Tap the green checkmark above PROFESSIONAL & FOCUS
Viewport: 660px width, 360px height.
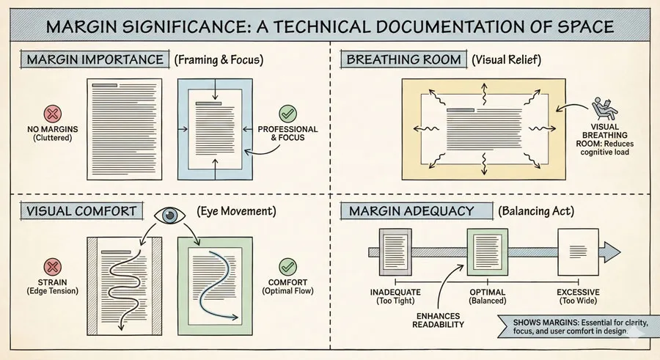(287, 114)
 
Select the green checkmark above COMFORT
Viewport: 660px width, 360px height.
(287, 266)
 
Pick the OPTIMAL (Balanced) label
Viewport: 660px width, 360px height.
(488, 297)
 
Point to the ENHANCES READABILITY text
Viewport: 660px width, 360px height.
(438, 319)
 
